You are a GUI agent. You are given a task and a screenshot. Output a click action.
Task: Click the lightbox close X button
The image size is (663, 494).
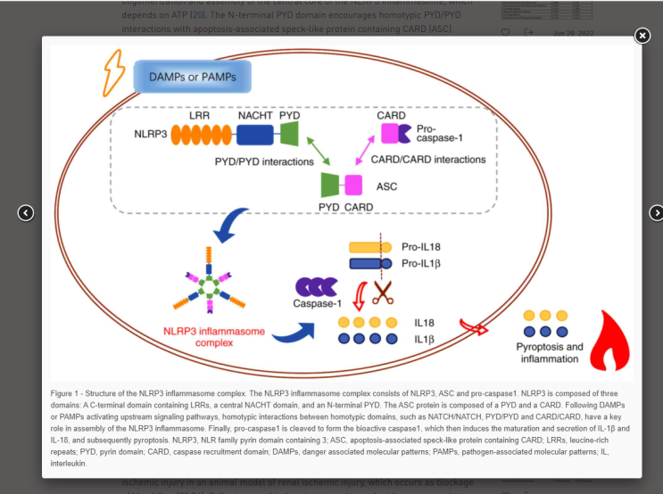pyautogui.click(x=642, y=36)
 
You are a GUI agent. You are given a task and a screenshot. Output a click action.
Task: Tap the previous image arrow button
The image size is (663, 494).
pyautogui.click(x=26, y=212)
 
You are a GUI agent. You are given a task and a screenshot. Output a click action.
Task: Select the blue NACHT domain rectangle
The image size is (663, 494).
pyautogui.click(x=254, y=135)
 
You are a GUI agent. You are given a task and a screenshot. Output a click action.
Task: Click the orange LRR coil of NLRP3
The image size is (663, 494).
pyautogui.click(x=200, y=135)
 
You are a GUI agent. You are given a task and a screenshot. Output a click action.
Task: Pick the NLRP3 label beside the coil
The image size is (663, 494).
pyautogui.click(x=151, y=136)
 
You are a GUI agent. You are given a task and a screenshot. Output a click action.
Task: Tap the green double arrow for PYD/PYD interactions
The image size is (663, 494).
pyautogui.click(x=318, y=149)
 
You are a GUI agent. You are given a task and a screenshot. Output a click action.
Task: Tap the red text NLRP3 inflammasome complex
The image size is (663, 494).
pyautogui.click(x=214, y=337)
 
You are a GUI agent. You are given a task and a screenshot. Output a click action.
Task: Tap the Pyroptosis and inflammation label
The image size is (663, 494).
pyautogui.click(x=550, y=352)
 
